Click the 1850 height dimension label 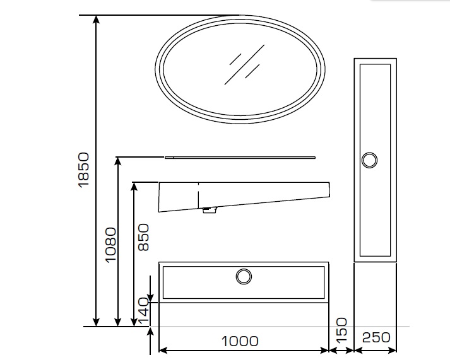click(83, 170)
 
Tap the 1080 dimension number click(111, 245)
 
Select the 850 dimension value click(143, 237)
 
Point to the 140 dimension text click(143, 311)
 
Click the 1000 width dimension click(240, 341)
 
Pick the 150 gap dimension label click(341, 330)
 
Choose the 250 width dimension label click(376, 337)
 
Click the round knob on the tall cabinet click(369, 160)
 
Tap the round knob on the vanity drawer click(244, 277)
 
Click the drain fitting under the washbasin click(210, 210)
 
